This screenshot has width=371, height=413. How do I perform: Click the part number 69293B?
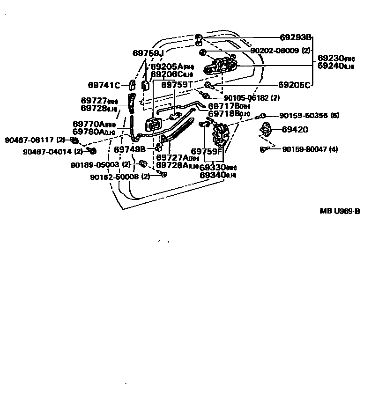pos(296,37)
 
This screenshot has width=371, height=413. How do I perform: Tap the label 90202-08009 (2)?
pos(280,50)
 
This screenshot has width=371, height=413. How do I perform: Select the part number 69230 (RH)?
pos(336,59)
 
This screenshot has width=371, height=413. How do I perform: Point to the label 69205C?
pos(294,85)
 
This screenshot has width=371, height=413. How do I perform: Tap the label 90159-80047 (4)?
pos(310,149)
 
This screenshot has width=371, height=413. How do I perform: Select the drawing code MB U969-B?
pos(340,211)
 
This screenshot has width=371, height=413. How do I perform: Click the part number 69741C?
pos(104,85)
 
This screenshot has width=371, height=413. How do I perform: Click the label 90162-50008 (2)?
pos(119,177)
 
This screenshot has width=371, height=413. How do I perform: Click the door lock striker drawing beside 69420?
pos(267,129)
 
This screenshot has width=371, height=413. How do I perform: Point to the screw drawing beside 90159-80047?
pos(265,149)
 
